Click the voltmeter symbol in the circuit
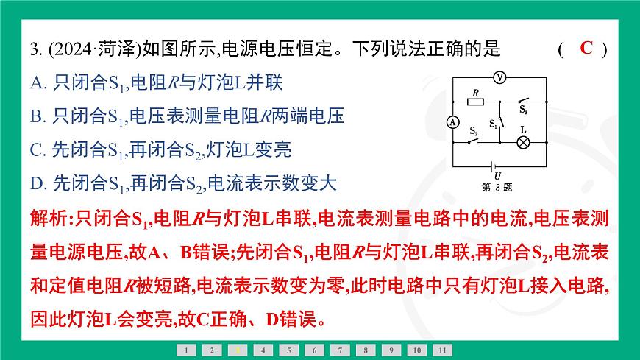point(498,76)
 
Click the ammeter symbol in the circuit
point(452,121)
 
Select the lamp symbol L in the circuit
point(524,143)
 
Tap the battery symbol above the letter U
point(498,165)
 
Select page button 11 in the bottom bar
point(441,350)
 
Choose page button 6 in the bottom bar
point(314,350)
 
